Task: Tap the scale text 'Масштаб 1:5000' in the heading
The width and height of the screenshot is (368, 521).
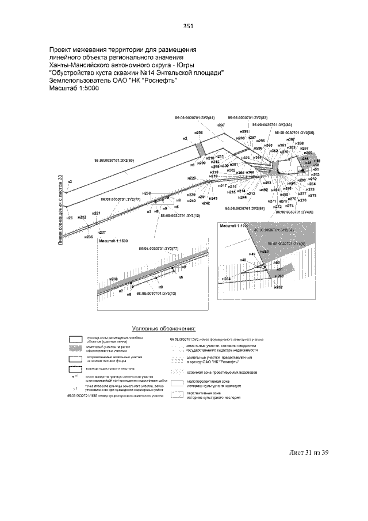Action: coord(74,89)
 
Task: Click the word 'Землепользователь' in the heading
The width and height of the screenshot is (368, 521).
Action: coord(83,81)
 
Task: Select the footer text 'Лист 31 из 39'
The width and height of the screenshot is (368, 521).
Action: coord(308,452)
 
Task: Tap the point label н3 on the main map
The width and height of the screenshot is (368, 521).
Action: coord(70,182)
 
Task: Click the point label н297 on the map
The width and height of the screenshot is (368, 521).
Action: coord(251,138)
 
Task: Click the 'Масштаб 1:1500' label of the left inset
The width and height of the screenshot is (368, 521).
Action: coord(112,240)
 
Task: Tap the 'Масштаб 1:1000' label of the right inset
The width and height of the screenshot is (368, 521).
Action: coord(234,226)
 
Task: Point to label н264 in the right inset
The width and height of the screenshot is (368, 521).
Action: coord(227,279)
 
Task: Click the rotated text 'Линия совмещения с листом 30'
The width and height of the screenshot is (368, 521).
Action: coord(60,210)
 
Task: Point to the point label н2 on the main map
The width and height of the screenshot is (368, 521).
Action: coord(185,139)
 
